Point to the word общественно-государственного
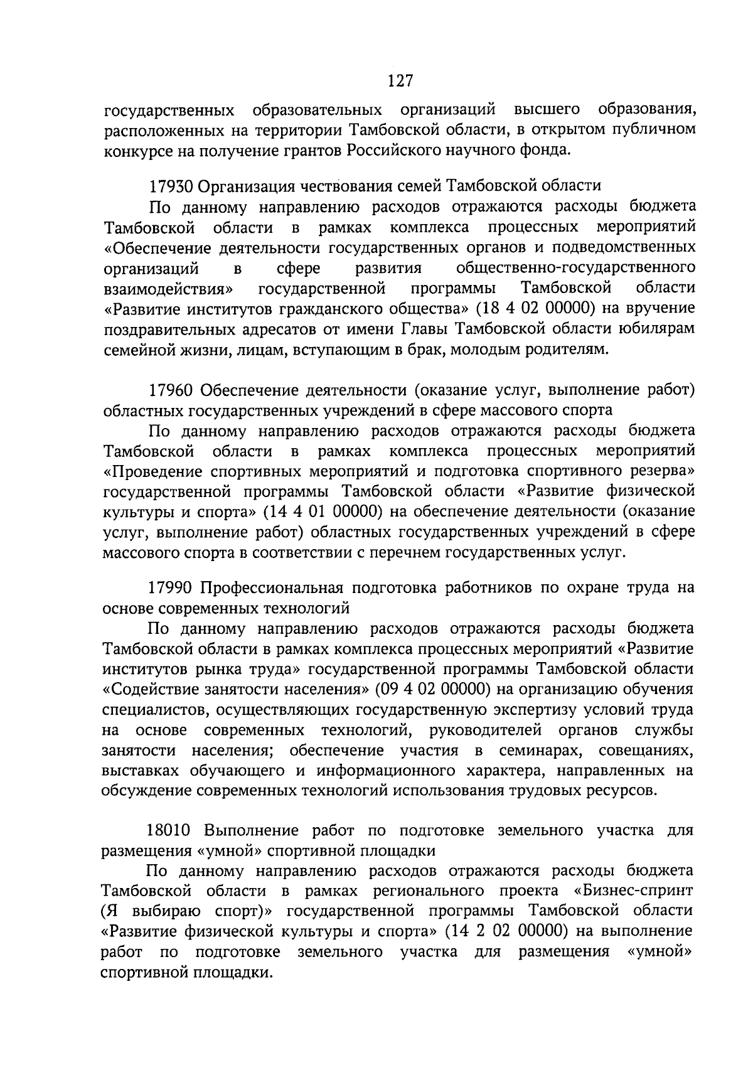575,268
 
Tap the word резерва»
659,471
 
